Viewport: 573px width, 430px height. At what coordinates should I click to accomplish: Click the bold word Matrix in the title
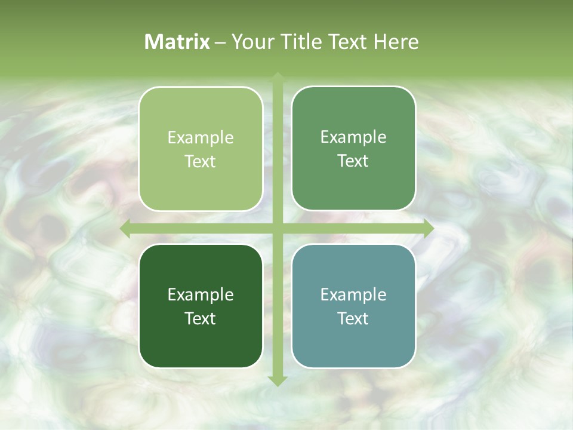tap(177, 42)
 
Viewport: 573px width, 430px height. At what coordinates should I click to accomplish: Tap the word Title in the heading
tap(297, 42)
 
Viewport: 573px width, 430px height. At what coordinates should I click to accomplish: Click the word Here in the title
tap(396, 42)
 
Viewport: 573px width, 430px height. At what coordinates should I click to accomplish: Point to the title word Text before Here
tap(346, 42)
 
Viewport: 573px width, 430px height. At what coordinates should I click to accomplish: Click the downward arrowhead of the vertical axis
tap(277, 380)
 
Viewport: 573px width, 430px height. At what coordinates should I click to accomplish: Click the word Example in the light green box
tap(201, 138)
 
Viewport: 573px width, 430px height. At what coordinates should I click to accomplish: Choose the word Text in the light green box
tap(201, 162)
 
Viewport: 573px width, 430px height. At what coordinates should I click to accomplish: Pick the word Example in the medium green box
tap(353, 137)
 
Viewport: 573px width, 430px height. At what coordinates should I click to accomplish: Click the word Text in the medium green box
tap(353, 161)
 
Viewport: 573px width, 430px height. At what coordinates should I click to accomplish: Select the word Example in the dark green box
tap(201, 295)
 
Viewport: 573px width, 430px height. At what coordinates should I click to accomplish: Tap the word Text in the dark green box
tap(201, 319)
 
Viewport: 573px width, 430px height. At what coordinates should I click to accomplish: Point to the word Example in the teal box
tap(353, 295)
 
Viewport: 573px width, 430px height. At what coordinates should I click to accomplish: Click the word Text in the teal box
tap(353, 319)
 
